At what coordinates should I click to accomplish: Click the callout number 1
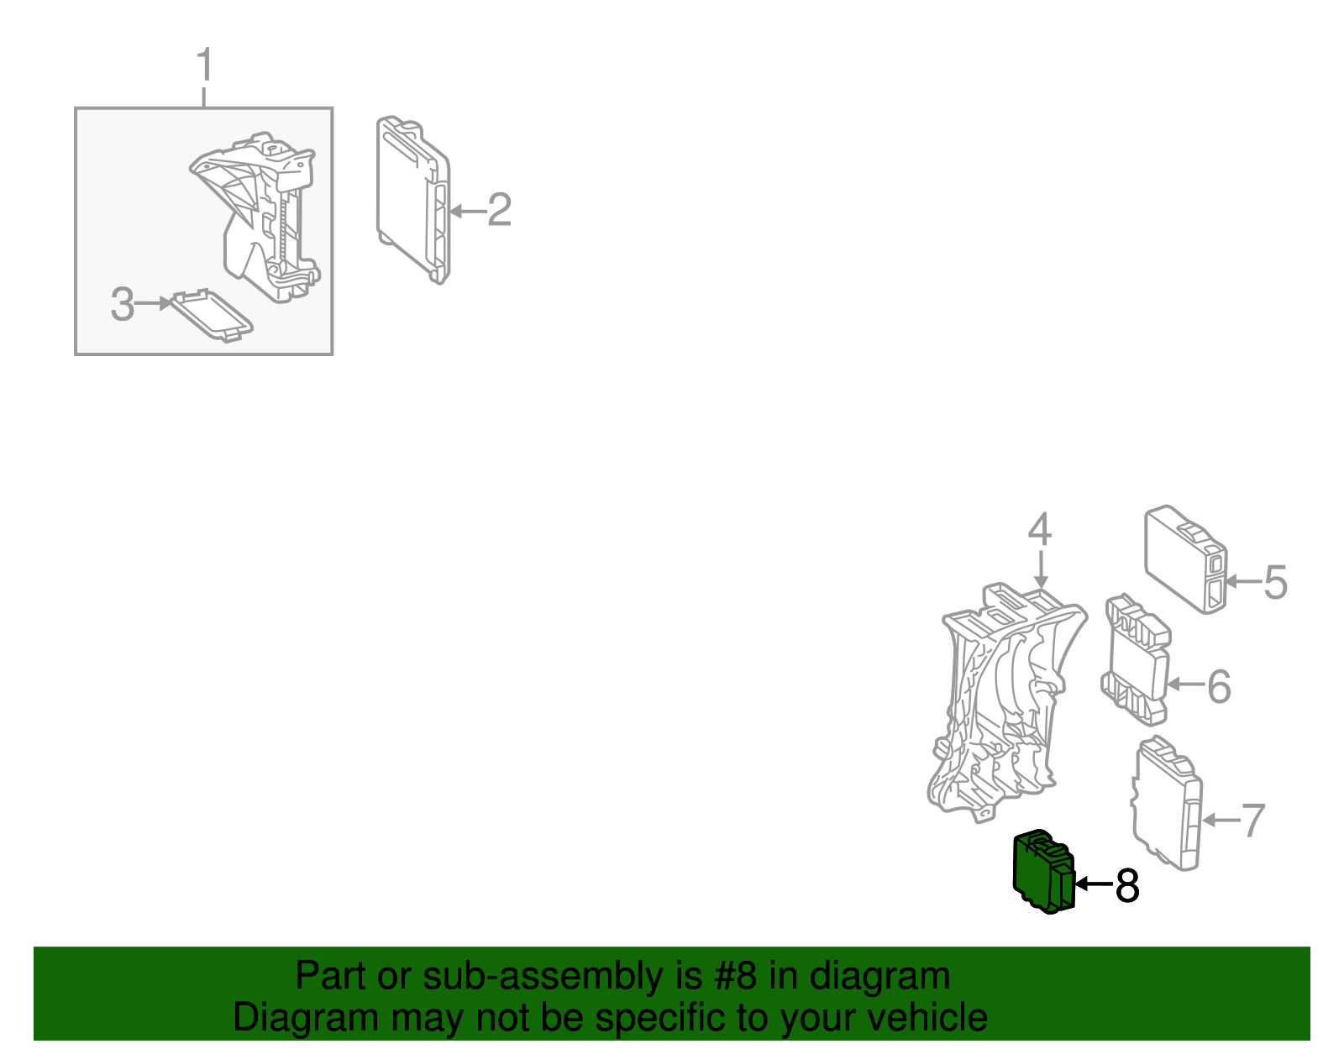(x=205, y=65)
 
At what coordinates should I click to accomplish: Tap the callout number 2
(x=500, y=210)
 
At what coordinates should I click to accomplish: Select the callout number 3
(x=123, y=304)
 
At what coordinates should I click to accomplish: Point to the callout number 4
(x=1040, y=529)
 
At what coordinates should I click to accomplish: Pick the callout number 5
(x=1275, y=582)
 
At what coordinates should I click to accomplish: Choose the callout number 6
(x=1219, y=687)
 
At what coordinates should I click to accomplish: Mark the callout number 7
(x=1253, y=821)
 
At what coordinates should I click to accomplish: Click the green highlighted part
(x=1044, y=873)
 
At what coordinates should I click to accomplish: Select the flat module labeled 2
(x=412, y=199)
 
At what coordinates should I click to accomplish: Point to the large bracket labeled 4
(x=1007, y=703)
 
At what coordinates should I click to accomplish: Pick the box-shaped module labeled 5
(x=1185, y=559)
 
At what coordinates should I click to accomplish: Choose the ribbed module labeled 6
(x=1137, y=660)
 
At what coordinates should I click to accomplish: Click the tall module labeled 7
(x=1167, y=803)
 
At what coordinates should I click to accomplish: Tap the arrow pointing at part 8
(x=1095, y=884)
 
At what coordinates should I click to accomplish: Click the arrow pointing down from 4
(x=1041, y=570)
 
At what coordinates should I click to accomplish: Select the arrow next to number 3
(x=153, y=303)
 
